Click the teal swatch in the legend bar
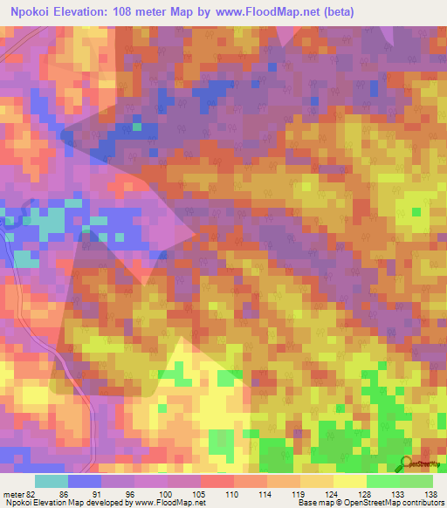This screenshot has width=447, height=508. click(x=52, y=481)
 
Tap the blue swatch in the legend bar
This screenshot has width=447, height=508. click(x=85, y=481)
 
